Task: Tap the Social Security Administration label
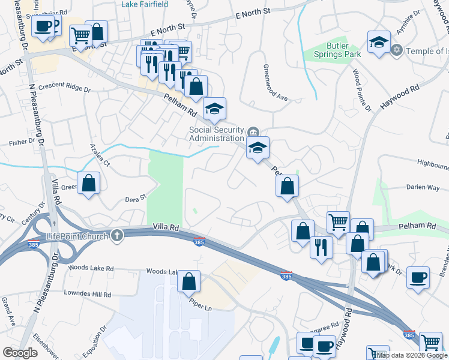tap(217, 134)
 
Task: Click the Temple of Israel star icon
tap(396, 50)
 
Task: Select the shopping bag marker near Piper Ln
tap(189, 280)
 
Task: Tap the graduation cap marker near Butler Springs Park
tap(379, 42)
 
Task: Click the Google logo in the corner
tap(20, 353)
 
